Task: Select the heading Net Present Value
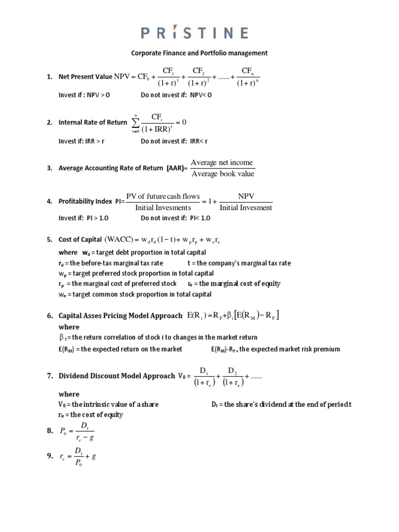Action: pos(85,77)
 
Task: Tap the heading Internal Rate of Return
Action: pos(92,123)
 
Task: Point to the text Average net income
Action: pos(223,163)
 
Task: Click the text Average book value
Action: pos(223,174)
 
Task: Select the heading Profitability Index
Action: pos(85,201)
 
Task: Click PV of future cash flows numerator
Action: pos(163,196)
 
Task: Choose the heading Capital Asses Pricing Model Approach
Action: pos(121,315)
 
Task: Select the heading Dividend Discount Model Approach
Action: pos(116,376)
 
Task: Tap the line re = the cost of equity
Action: pos(92,415)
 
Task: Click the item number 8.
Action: pos(49,431)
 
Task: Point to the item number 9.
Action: pos(49,456)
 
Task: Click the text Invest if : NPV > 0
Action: pos(84,95)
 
